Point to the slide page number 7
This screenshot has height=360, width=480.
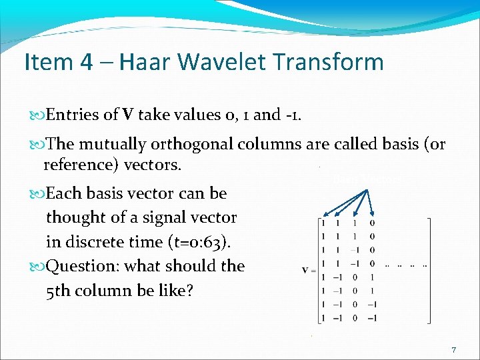click(453, 349)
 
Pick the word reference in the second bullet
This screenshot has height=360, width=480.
click(81, 164)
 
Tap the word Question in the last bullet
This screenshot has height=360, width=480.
click(87, 265)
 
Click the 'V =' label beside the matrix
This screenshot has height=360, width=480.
click(308, 270)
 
